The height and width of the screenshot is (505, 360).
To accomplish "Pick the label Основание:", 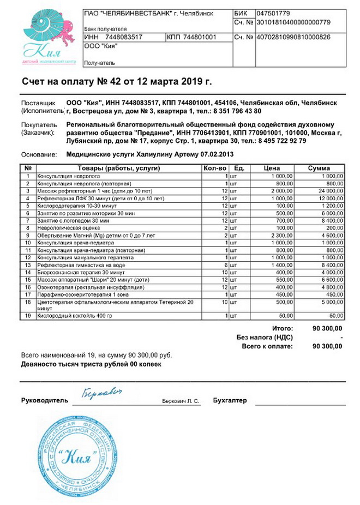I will click(39, 154).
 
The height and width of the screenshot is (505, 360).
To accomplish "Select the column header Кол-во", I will click(214, 168).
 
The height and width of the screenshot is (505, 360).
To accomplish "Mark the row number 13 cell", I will click(28, 264).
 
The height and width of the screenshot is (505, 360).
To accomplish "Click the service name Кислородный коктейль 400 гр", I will click(74, 315).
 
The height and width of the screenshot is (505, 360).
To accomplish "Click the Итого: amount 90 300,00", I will click(327, 328).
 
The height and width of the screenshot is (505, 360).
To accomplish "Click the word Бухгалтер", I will click(230, 400).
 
